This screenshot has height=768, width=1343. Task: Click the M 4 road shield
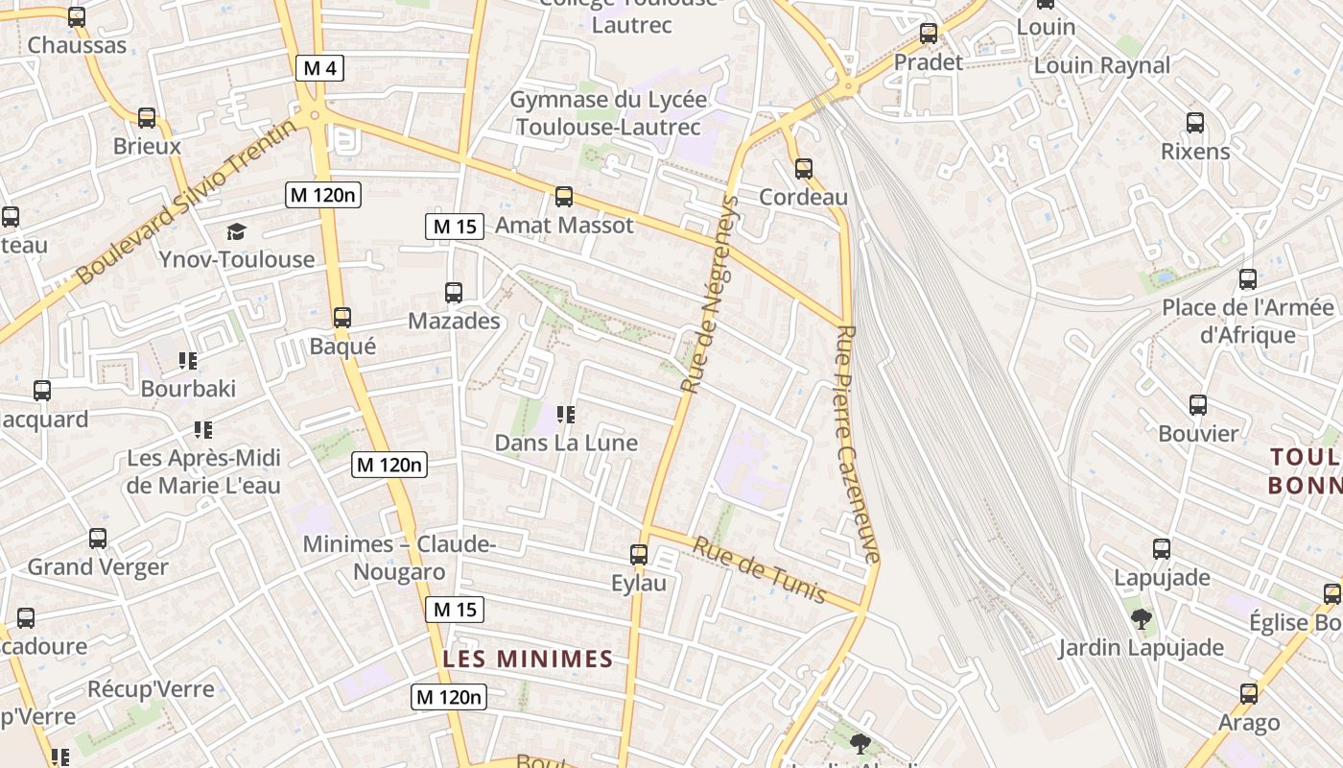coord(319,68)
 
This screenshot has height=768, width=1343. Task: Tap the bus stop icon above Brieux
coord(147,118)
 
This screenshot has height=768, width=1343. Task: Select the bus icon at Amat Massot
coord(564,197)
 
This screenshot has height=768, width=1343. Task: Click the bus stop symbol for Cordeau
coord(804,169)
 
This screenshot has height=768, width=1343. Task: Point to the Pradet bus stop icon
coord(929,34)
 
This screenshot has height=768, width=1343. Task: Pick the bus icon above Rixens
coord(1195,123)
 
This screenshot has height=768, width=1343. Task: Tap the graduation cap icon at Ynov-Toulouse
coord(237,231)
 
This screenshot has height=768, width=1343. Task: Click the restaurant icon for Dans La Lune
coord(566,415)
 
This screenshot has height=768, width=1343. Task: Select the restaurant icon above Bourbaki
coord(188,361)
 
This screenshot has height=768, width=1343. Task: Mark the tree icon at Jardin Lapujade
coord(1142,619)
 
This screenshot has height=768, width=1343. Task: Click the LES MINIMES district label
coord(528,659)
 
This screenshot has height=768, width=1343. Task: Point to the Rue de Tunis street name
coord(759,569)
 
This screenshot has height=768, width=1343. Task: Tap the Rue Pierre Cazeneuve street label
coord(857,444)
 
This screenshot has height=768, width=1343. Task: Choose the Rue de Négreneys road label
coord(710,294)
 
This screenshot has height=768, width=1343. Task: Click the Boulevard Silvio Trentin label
coord(187,201)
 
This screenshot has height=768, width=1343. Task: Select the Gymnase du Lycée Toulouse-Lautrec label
coord(608,113)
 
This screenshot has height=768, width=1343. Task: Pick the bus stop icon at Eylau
coord(639,555)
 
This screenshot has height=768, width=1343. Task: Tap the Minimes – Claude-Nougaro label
coord(399,558)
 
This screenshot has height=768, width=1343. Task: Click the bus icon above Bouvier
coord(1198,405)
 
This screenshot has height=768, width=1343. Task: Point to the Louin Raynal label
coord(1102,65)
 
